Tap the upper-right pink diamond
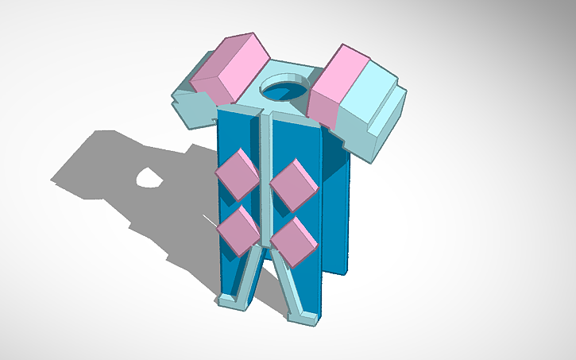(293, 184)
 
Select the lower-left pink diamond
(238, 228)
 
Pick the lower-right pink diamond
(293, 239)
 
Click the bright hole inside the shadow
(148, 179)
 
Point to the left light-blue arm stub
(191, 107)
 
